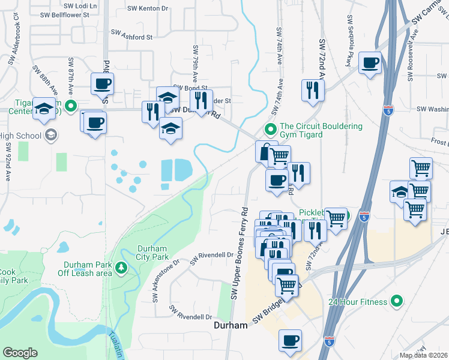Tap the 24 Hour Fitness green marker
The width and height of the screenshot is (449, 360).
[x=396, y=301]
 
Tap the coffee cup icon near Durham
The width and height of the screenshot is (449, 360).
[x=291, y=341]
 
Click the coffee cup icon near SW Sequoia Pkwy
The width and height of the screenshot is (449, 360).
[x=370, y=62]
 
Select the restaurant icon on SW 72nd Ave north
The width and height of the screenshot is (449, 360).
[x=312, y=90]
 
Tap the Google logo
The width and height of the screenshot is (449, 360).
[x=20, y=353]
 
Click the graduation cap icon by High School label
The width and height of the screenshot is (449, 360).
[x=50, y=134]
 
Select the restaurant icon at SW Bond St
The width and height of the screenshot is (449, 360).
[x=201, y=100]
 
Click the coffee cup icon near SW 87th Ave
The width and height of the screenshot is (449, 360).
[x=102, y=83]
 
